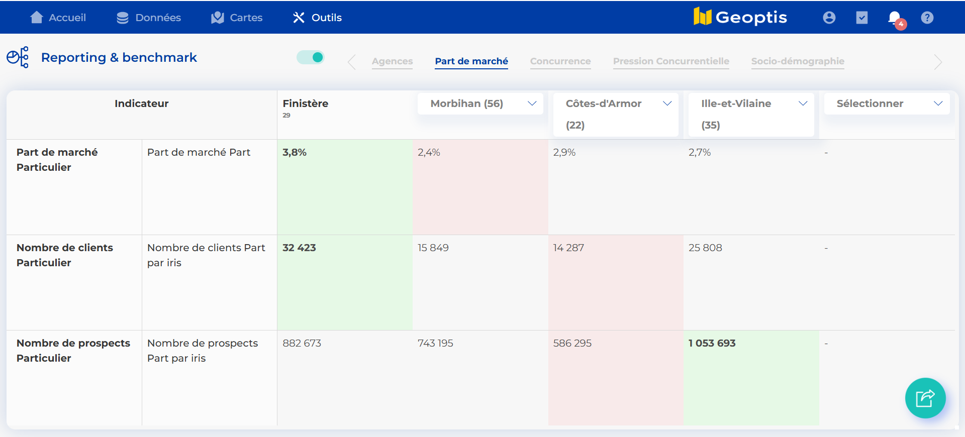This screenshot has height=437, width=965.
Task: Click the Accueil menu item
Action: [x=58, y=18]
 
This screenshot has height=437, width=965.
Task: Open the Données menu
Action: [x=149, y=18]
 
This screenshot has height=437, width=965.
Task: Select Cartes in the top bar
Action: [x=237, y=18]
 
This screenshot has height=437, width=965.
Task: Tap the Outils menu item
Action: [x=317, y=18]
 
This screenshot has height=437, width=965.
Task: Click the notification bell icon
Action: [x=895, y=18]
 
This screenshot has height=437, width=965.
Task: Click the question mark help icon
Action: [x=927, y=18]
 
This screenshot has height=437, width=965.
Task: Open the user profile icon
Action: [x=829, y=18]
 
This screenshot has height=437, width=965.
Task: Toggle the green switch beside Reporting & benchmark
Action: [x=311, y=57]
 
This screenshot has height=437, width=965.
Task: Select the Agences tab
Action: [x=392, y=61]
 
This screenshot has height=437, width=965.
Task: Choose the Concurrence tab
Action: [x=560, y=61]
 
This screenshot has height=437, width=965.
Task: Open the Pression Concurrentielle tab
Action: [x=671, y=61]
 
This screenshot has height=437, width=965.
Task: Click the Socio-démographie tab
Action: [x=798, y=61]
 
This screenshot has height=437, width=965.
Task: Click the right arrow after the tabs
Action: [x=938, y=62]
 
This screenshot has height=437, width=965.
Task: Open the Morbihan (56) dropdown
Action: [x=480, y=103]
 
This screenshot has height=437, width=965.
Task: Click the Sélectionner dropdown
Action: [x=887, y=103]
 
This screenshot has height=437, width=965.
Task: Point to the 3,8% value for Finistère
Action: [x=295, y=152]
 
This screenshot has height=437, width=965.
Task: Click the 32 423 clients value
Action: [x=299, y=248]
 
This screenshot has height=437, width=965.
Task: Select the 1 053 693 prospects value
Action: [x=712, y=343]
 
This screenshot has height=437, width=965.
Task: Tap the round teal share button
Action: [x=925, y=398]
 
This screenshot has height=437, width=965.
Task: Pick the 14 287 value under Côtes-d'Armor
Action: [x=568, y=248]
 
